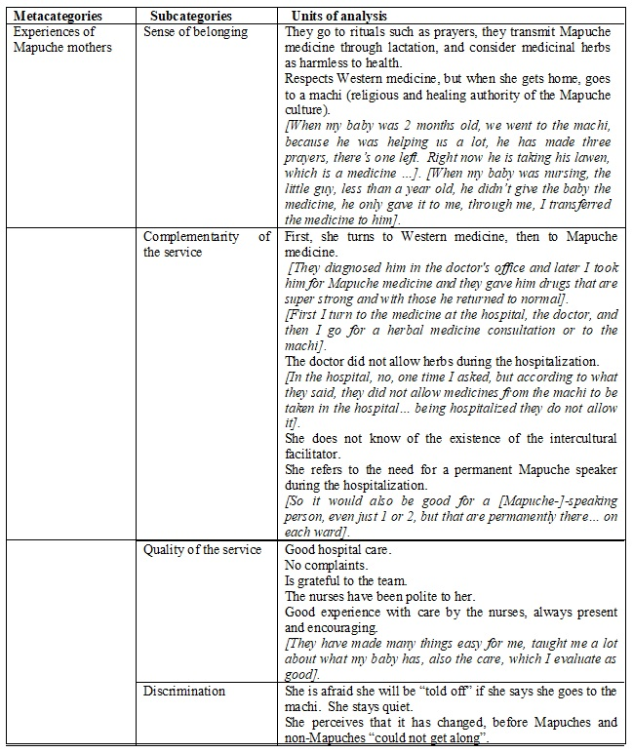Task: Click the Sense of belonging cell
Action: (195, 32)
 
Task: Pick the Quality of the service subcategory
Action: (202, 549)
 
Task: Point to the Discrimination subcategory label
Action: (184, 691)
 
